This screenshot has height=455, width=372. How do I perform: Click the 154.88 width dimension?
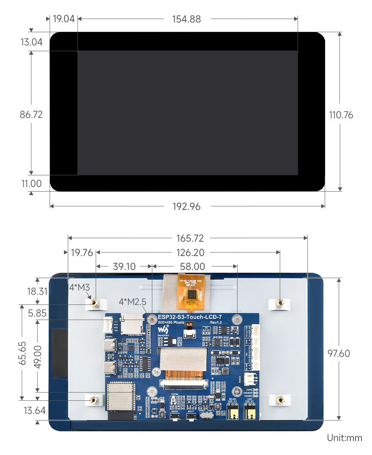click(186, 19)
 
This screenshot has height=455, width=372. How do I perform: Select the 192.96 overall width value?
click(186, 206)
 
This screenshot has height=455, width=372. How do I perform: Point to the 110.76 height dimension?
click(341, 115)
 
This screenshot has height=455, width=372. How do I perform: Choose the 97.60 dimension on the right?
click(339, 353)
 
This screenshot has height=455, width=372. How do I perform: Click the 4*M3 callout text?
click(79, 287)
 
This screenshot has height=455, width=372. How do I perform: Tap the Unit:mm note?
click(344, 438)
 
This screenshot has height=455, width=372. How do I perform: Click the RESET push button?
click(175, 417)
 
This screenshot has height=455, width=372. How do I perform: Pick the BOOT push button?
click(191, 417)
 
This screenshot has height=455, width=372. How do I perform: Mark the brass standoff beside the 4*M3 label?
click(93, 303)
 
